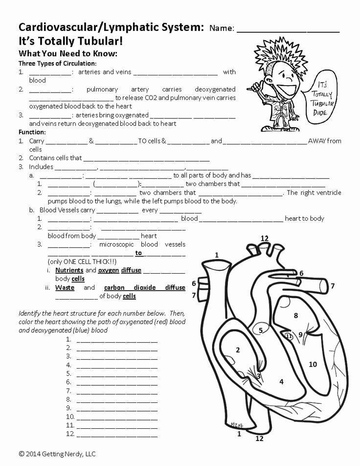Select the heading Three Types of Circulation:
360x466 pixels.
tap(57, 63)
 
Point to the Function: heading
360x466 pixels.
tap(32, 132)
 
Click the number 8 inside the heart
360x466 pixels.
tap(295, 316)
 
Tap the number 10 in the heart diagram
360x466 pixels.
tap(313, 364)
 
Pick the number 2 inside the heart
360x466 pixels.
tap(238, 349)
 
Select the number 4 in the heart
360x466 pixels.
tap(281, 382)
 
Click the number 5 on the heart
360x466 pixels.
tap(261, 330)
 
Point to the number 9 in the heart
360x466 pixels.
tap(301, 335)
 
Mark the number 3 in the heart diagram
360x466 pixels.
tap(258, 376)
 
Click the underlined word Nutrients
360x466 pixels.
tap(69, 270)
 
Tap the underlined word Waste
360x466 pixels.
tap(65, 288)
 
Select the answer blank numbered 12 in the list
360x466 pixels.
tap(117, 434)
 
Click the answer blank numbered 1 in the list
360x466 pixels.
tap(117, 339)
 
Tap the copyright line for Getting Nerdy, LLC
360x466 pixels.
tap(57, 454)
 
